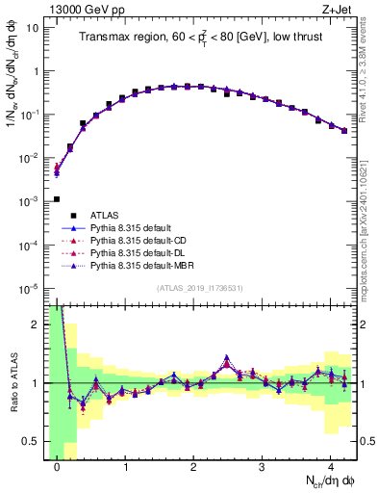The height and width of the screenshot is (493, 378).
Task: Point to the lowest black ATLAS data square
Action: click(x=57, y=199)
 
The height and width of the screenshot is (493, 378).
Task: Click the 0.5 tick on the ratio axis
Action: click(x=30, y=441)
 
